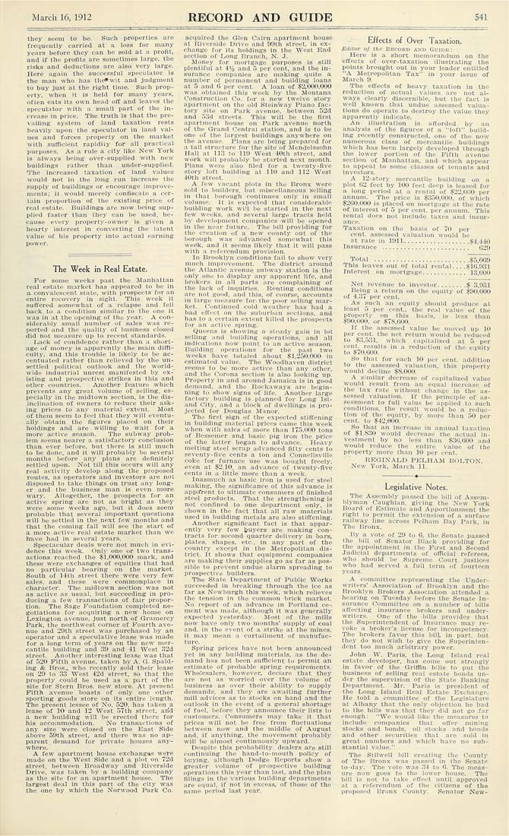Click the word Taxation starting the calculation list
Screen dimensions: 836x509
359,227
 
